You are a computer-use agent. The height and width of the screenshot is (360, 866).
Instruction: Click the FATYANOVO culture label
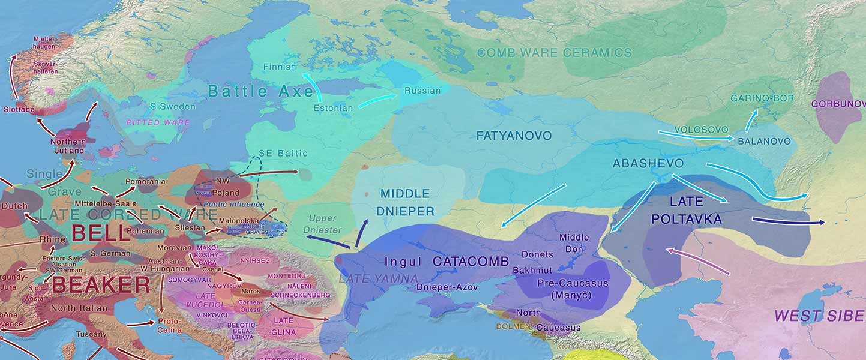coord(514,136)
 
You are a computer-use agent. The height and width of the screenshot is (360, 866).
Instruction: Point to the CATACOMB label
coord(471,262)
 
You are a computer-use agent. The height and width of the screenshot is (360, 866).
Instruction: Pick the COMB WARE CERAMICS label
coord(554,53)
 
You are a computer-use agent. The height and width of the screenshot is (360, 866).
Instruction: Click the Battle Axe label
coord(261,91)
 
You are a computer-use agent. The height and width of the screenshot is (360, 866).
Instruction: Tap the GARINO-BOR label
coord(762,98)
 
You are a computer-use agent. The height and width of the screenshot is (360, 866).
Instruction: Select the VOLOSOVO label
coord(701,130)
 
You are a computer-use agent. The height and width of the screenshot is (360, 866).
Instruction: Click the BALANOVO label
coord(764,142)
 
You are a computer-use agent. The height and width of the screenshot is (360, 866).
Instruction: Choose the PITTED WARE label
coord(158,122)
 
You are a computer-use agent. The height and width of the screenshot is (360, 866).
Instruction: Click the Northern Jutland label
coord(68,146)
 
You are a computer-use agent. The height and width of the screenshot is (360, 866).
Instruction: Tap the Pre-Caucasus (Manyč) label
coord(573,289)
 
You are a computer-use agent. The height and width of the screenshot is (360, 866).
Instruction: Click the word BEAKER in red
coord(101,285)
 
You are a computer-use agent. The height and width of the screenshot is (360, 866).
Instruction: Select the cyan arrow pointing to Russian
coord(377,100)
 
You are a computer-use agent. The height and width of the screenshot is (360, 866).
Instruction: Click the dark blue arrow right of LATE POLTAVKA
coord(788,221)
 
